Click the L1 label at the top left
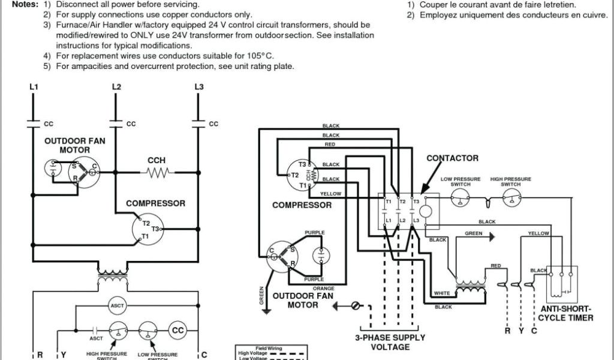pyautogui.click(x=34, y=87)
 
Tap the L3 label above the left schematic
pyautogui.click(x=199, y=87)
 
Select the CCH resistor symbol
pyautogui.click(x=156, y=172)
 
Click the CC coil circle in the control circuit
pyautogui.click(x=177, y=330)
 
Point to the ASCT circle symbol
pyautogui.click(x=117, y=305)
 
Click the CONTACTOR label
pyautogui.click(x=452, y=158)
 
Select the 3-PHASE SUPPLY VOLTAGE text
pyautogui.click(x=390, y=342)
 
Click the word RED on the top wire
pyautogui.click(x=330, y=145)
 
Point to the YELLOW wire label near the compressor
pyautogui.click(x=330, y=194)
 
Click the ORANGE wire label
pyautogui.click(x=323, y=289)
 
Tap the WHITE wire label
pyautogui.click(x=441, y=293)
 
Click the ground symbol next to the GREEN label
pyautogui.click(x=491, y=236)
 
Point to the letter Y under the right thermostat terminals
pyautogui.click(x=521, y=331)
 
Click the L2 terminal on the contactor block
pyautogui.click(x=403, y=221)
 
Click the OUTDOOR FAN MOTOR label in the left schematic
pyautogui.click(x=75, y=145)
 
